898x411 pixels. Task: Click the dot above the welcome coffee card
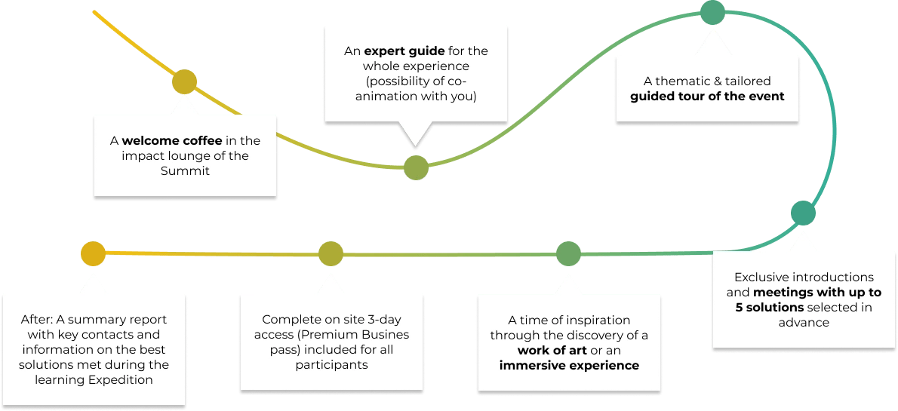point(184,82)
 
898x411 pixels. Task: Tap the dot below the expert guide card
point(417,167)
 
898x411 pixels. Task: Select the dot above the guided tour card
point(713,13)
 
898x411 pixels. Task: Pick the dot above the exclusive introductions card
point(804,213)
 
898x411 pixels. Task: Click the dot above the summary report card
point(94,253)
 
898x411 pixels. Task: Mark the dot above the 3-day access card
point(331,253)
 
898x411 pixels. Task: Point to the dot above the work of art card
point(569,253)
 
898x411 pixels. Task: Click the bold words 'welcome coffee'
point(172,140)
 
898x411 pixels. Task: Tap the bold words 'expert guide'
point(404,51)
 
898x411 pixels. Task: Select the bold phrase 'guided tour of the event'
point(707,97)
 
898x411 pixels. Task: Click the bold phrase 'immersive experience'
point(569,365)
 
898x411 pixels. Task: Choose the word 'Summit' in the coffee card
point(186,170)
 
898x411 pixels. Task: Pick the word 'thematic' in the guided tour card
point(680,81)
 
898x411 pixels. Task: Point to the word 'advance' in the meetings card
point(804,322)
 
